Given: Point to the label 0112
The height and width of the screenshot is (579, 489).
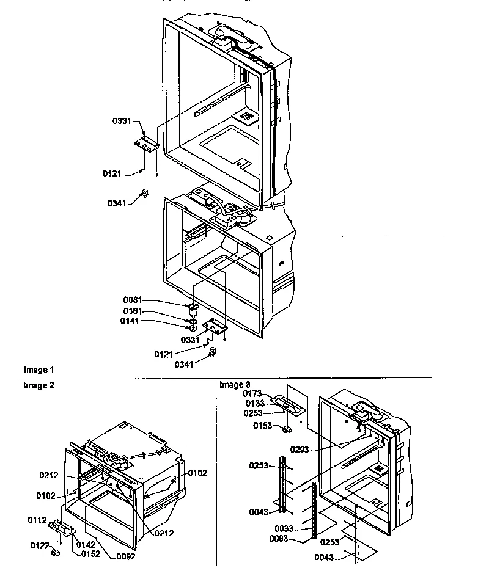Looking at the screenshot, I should (36, 520).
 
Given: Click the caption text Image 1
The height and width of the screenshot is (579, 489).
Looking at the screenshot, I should (39, 370).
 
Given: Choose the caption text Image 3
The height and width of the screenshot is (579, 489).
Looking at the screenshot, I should (235, 385).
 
